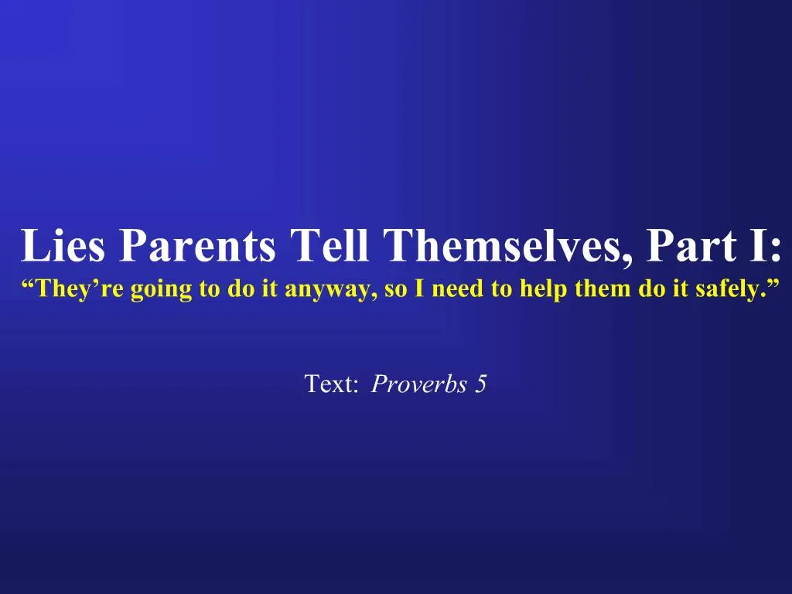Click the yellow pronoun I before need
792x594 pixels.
(x=419, y=288)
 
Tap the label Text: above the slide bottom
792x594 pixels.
(x=331, y=384)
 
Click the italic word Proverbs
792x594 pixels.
(x=418, y=384)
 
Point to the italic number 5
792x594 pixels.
(x=480, y=384)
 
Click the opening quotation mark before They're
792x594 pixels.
(x=29, y=283)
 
